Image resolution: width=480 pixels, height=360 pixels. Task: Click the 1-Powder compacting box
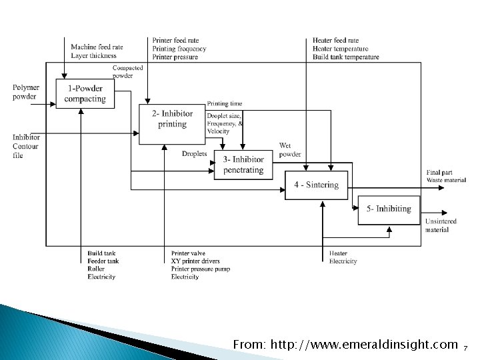[x=85, y=94]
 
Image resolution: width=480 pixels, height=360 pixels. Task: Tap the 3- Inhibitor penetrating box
[x=243, y=165]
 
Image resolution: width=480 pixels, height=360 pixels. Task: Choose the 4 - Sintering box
[x=317, y=185]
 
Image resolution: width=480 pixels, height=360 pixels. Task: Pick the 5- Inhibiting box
[x=389, y=209]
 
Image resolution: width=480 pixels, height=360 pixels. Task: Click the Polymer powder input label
[x=26, y=92]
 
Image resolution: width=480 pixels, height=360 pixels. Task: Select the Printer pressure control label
[x=175, y=57]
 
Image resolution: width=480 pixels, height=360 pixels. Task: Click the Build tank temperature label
[x=345, y=57]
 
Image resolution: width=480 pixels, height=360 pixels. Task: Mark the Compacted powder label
[x=127, y=72]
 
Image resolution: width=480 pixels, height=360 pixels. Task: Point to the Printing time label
[x=224, y=103]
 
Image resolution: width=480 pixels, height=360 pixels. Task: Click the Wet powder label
[x=290, y=149]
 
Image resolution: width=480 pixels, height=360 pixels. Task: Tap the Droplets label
[x=194, y=154]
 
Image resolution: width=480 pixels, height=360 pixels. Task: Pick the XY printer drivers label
[x=195, y=261]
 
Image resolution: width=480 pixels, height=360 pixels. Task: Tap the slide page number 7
[x=465, y=347]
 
